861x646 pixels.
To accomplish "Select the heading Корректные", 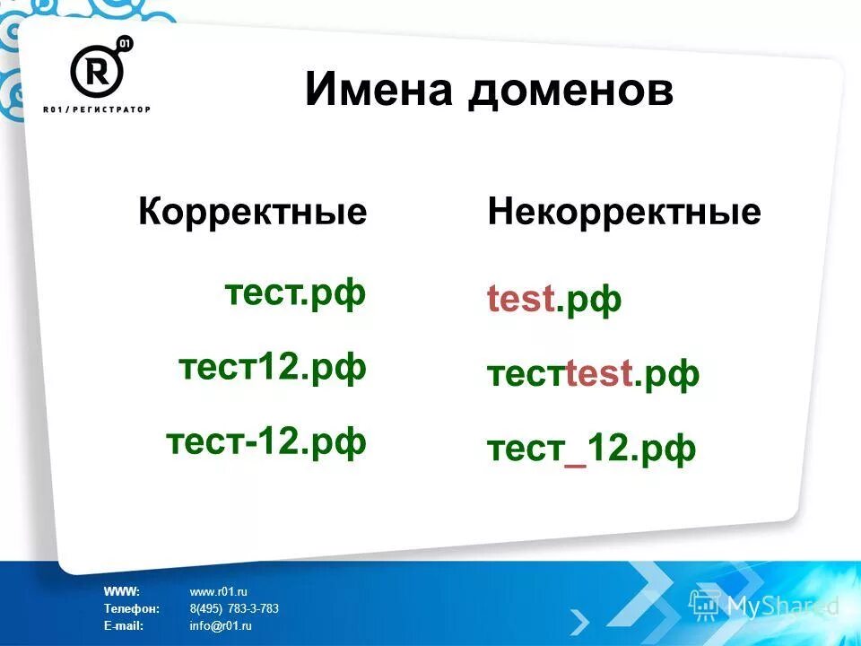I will (x=253, y=213).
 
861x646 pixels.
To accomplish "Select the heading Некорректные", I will (x=624, y=213).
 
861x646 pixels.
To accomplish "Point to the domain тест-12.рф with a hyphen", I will (x=266, y=441).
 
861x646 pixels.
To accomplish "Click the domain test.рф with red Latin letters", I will (x=554, y=300).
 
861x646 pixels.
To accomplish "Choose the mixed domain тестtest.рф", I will (x=593, y=374).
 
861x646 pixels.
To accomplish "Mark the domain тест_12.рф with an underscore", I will (x=591, y=449).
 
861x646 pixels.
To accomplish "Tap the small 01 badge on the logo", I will (x=125, y=44).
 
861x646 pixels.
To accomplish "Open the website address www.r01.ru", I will (x=218, y=591).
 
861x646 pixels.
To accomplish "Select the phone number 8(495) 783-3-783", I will (x=234, y=608).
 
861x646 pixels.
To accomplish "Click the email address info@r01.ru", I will (x=221, y=625).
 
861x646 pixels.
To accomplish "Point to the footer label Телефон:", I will (x=131, y=608).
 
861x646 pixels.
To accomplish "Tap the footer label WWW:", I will (x=121, y=591).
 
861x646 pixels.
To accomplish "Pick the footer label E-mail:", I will (x=124, y=625).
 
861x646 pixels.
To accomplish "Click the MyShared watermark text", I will (x=780, y=607).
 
